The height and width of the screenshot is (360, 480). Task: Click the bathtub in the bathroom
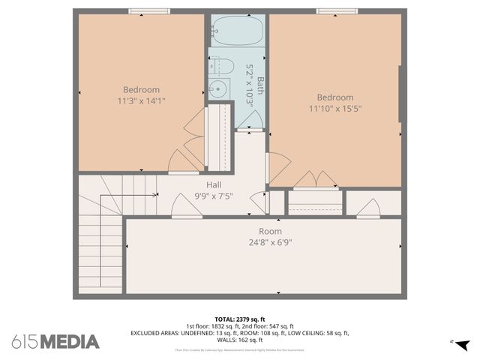pos(235,31)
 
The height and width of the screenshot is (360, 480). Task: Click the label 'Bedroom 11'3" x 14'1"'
pos(141,95)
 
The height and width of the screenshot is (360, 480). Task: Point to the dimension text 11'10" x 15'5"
pos(334,108)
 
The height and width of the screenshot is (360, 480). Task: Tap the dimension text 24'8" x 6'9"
pos(270,242)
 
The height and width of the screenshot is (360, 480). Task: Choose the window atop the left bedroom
pos(148,11)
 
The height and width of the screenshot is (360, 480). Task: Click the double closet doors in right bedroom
pos(315,180)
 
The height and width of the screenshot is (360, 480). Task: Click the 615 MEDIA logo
pos(55,341)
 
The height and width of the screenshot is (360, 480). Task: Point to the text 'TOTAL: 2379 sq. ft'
pos(240,318)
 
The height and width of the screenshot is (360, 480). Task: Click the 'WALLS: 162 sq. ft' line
pos(240,340)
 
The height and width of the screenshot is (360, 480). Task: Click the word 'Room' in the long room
pos(270,232)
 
